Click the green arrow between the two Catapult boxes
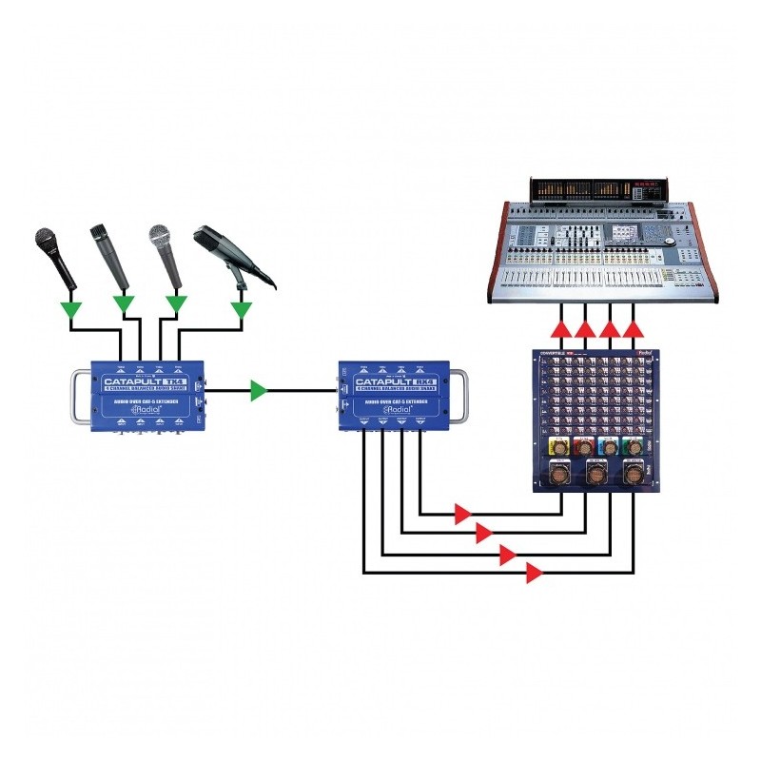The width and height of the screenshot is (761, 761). tap(258, 390)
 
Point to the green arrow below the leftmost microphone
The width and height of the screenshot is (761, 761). tap(69, 309)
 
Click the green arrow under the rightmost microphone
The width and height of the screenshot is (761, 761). tap(242, 309)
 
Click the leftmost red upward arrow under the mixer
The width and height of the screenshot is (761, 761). tap(561, 330)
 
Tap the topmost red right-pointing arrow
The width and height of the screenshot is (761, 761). tap(462, 515)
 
